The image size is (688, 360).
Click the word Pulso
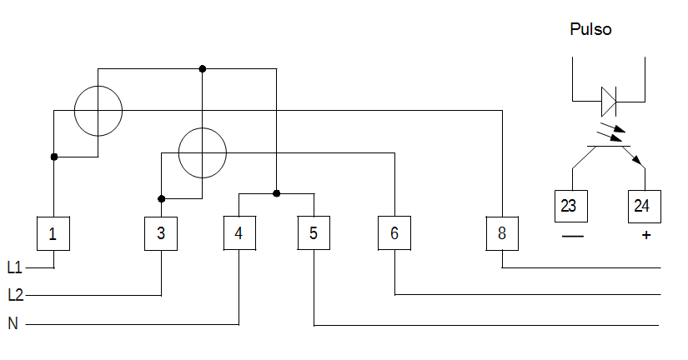[x=590, y=29]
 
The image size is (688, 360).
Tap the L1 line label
[x=14, y=267]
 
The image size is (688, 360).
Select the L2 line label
[x=15, y=295]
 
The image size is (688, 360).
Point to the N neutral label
[x=13, y=323]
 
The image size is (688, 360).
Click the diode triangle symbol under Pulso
[x=609, y=102]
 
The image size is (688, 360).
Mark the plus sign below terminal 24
[x=645, y=236]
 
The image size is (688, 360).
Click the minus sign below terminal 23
[x=573, y=237]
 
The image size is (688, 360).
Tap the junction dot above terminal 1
[x=54, y=157]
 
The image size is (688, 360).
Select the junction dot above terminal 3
[x=162, y=199]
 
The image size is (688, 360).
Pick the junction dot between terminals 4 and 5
[x=276, y=193]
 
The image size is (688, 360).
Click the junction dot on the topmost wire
[x=203, y=69]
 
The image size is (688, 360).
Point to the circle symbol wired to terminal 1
[x=74, y=111]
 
